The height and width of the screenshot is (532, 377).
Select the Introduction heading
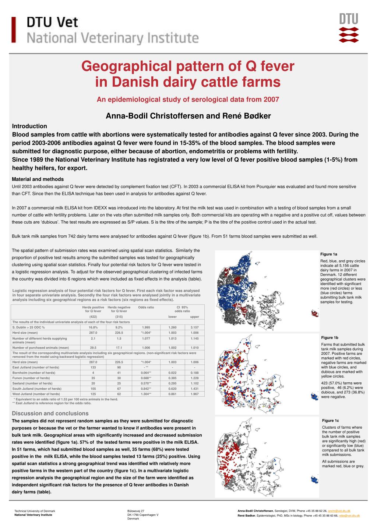29,126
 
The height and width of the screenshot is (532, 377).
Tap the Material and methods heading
38,179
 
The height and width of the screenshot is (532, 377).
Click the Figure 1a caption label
329,254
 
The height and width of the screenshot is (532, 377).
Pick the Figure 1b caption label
330,338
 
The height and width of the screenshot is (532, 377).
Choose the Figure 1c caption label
330,421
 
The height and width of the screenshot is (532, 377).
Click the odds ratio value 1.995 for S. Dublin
146,327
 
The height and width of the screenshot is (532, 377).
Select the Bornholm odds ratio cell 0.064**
146,373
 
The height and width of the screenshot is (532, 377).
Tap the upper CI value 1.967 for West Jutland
194,394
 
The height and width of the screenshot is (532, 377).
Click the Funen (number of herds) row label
31,378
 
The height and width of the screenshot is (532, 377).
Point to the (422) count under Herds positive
93,317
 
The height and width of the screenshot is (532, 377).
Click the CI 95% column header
182,307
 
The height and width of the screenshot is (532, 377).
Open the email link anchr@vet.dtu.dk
339,511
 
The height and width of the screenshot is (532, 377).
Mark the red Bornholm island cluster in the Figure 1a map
315,313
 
